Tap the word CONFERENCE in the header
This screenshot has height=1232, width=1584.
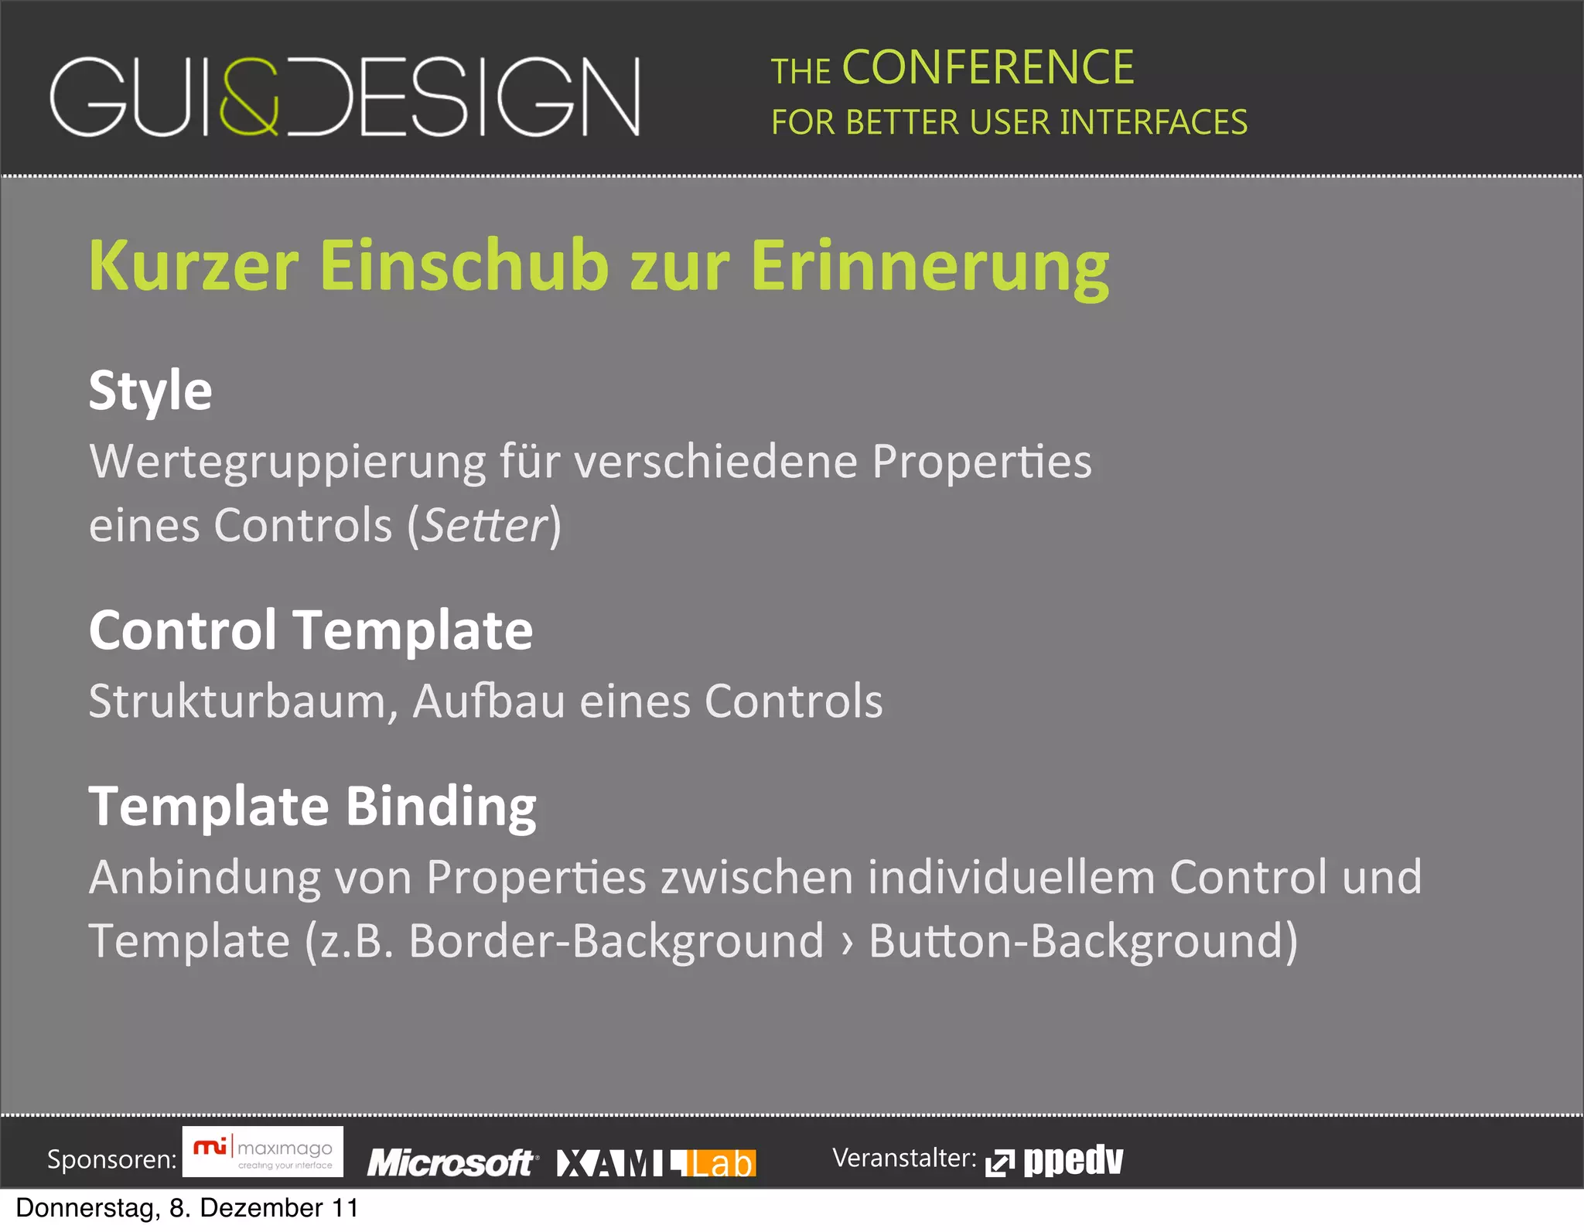click(x=988, y=68)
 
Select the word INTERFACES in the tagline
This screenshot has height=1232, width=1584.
click(x=1153, y=122)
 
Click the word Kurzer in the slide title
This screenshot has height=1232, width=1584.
click(x=193, y=266)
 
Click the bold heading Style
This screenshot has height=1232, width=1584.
click(x=150, y=391)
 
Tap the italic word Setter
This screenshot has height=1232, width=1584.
click(x=484, y=526)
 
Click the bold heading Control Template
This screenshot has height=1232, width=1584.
click(x=311, y=630)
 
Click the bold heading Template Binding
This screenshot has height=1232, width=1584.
click(x=312, y=807)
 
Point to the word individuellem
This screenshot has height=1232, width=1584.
click(x=1011, y=878)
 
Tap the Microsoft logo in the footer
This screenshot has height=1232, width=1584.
click(x=451, y=1162)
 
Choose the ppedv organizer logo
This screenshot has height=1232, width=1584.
click(x=1055, y=1161)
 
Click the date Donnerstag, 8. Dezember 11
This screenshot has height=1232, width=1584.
click(x=187, y=1208)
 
